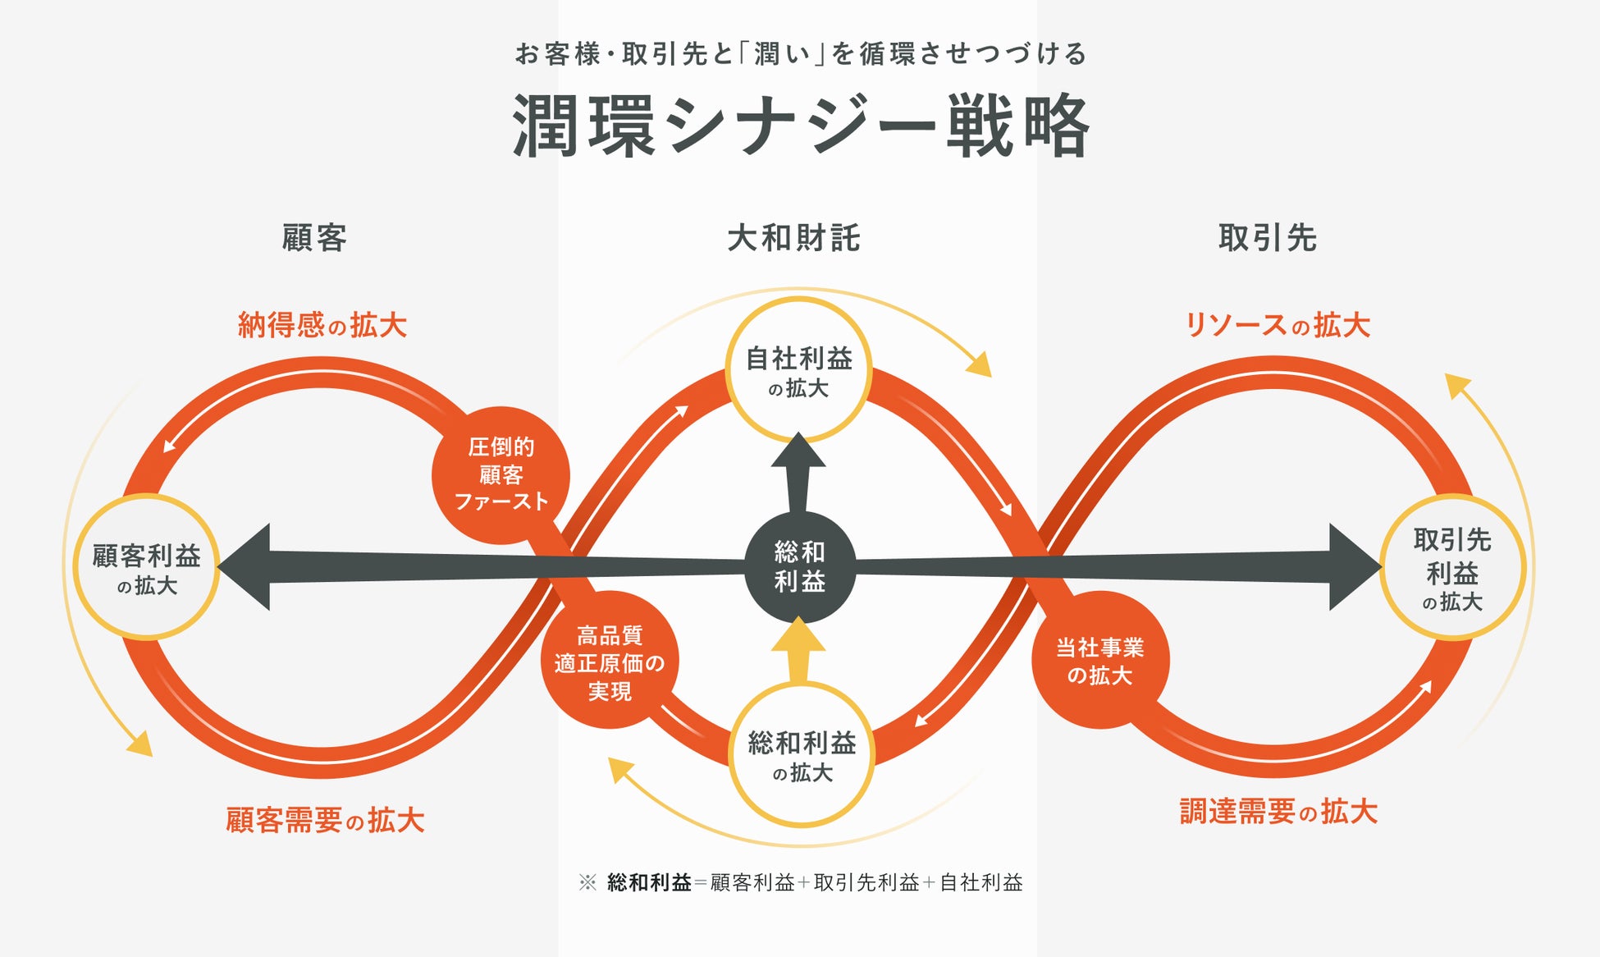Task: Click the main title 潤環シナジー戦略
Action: (x=801, y=126)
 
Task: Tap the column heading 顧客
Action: (x=314, y=238)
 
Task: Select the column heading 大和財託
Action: (x=793, y=238)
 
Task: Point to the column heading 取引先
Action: (x=1268, y=238)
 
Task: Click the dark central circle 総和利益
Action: (x=800, y=566)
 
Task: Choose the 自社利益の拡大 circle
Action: (x=798, y=370)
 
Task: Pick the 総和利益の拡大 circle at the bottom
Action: (x=802, y=755)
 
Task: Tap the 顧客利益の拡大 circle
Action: (x=146, y=567)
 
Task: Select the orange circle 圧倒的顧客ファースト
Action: (x=501, y=475)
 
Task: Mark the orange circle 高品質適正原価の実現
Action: (x=610, y=661)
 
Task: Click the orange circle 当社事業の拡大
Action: (x=1099, y=661)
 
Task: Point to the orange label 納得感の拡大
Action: (x=322, y=325)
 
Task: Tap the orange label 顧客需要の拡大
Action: (x=325, y=820)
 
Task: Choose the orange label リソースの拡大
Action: (x=1278, y=325)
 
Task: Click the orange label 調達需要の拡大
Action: (x=1278, y=812)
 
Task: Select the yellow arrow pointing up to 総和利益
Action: (x=798, y=651)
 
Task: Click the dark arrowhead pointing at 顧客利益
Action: (x=245, y=567)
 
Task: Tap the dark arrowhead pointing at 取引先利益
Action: (x=1355, y=567)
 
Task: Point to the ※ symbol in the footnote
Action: (x=587, y=882)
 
